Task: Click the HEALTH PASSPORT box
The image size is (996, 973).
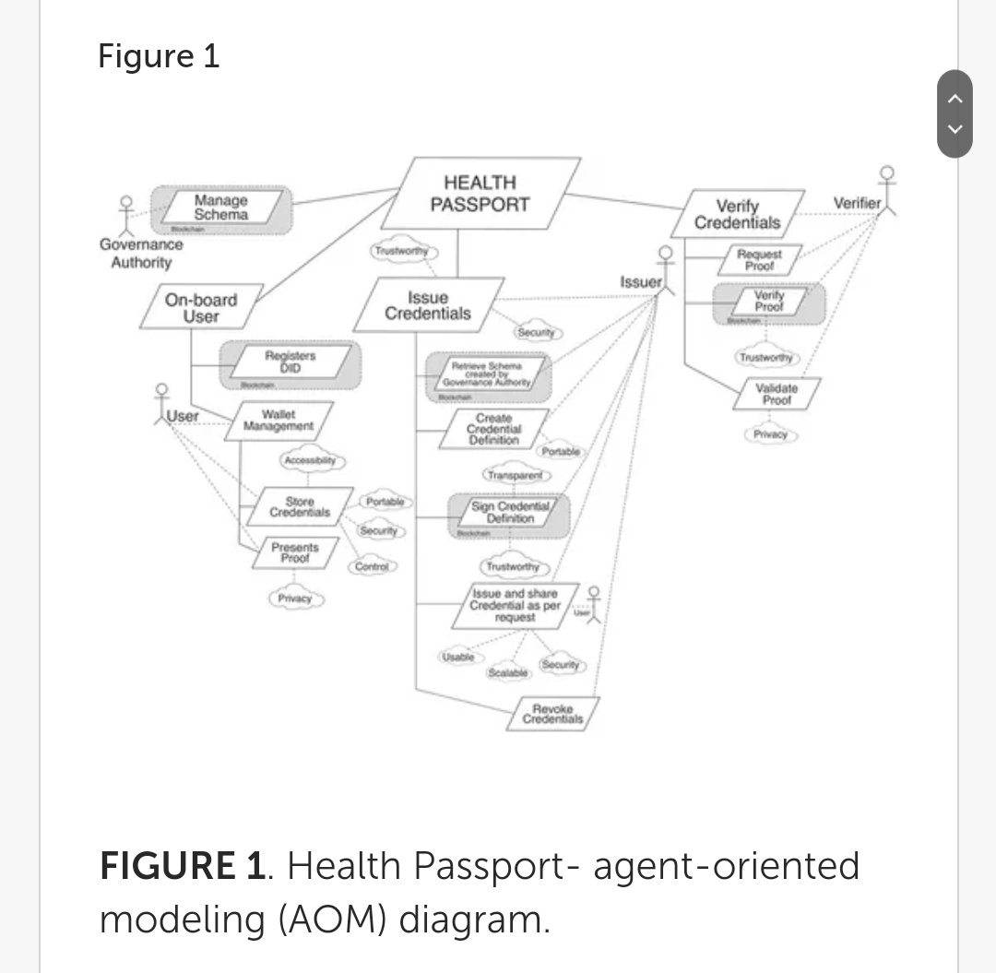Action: (x=480, y=194)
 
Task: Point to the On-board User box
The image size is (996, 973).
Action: (x=201, y=308)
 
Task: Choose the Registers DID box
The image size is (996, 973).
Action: (x=290, y=362)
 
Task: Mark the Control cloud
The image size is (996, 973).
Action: (x=372, y=566)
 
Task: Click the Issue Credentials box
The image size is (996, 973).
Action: (x=428, y=305)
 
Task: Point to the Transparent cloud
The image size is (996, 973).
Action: (x=516, y=475)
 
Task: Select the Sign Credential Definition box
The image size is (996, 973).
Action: (x=510, y=513)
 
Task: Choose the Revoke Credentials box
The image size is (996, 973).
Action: (x=553, y=714)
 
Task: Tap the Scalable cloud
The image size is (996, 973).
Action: (x=508, y=673)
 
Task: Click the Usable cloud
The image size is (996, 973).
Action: (x=457, y=657)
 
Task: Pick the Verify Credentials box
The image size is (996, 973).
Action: (x=738, y=214)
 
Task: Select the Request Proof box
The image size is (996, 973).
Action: (x=760, y=259)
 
